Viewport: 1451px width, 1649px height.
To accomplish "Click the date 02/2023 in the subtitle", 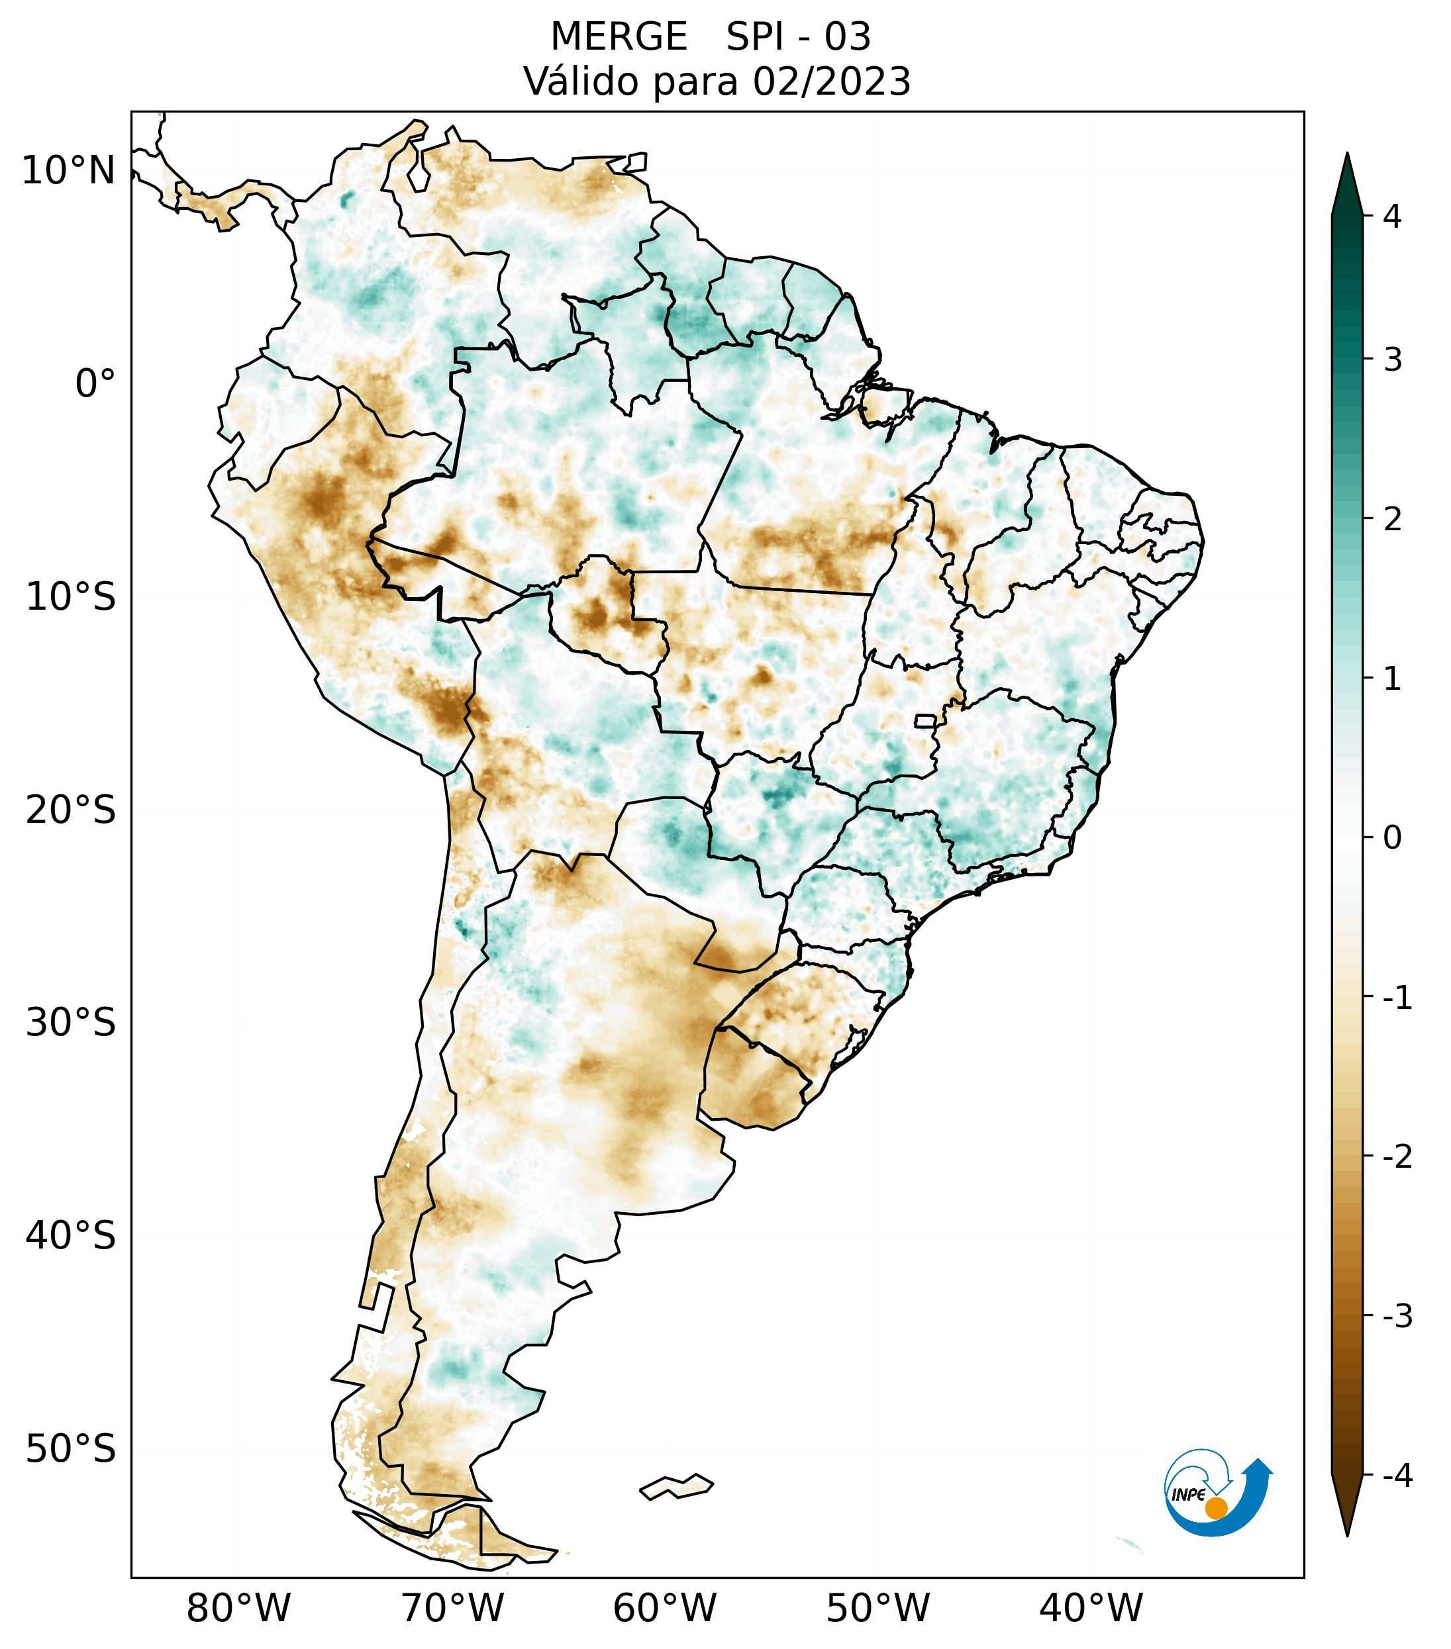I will [831, 81].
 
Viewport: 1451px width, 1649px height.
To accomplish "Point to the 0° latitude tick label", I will [95, 383].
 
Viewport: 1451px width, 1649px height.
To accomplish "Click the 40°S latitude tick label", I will [71, 1235].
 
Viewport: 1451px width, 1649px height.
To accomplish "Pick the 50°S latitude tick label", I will [71, 1449].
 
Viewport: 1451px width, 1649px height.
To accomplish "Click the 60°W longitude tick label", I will [664, 1608].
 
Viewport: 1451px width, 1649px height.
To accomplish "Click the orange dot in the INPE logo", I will [1215, 1507].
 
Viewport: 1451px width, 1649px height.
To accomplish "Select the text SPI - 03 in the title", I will [798, 37].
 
